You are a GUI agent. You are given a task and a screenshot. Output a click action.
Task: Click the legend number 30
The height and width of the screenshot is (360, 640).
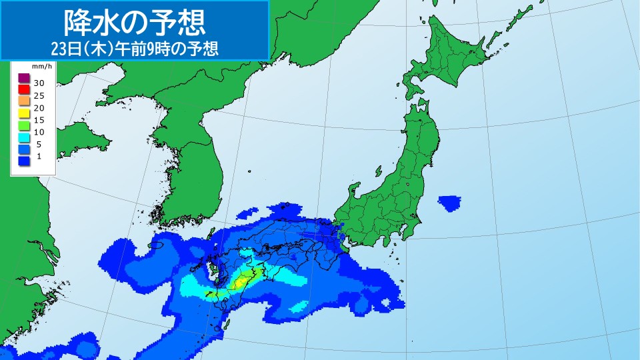pyautogui.click(x=39, y=84)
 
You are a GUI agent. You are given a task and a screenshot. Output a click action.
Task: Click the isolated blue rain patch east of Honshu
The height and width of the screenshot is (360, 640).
pyautogui.click(x=450, y=202)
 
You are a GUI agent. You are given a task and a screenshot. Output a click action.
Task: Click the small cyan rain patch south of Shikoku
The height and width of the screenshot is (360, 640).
pyautogui.click(x=299, y=307)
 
